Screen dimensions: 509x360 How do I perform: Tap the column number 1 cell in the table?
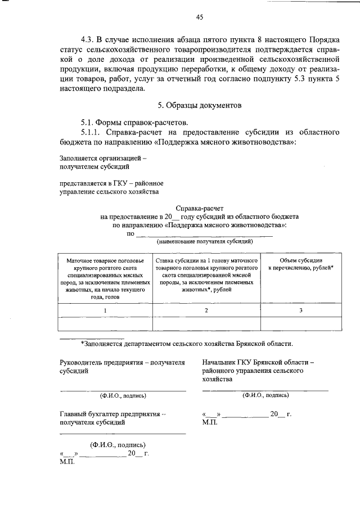[x=105, y=310]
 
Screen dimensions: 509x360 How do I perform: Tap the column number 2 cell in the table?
[x=206, y=310]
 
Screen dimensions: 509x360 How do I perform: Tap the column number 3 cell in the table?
[x=301, y=310]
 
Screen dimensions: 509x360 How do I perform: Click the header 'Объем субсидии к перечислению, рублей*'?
[x=301, y=265]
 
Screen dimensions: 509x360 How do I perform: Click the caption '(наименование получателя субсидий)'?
[x=204, y=241]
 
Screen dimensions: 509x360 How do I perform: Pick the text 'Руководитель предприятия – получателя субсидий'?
[x=123, y=367]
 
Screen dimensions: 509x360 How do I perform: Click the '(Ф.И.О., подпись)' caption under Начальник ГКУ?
[x=265, y=395]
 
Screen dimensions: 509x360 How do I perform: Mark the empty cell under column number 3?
[x=301, y=324]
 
